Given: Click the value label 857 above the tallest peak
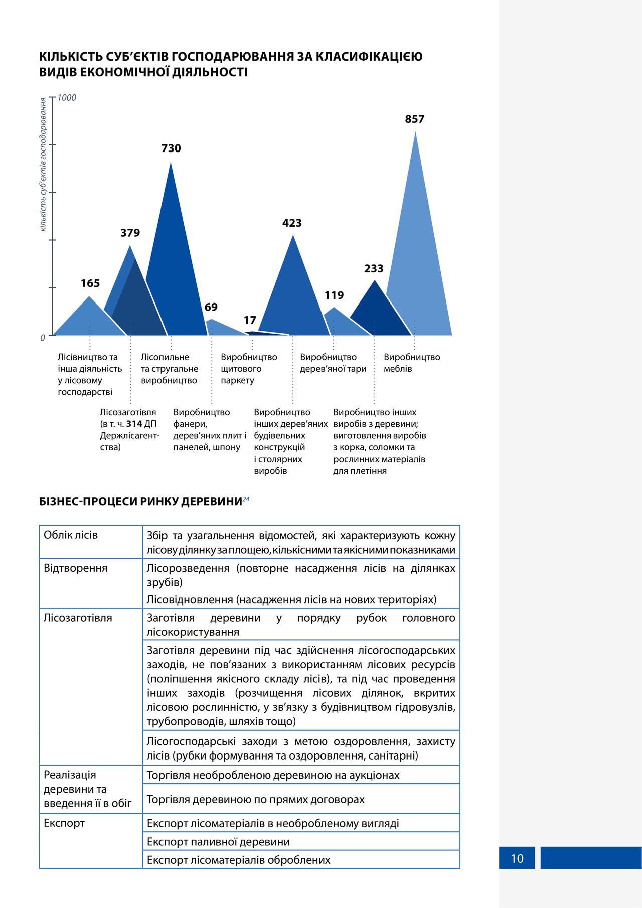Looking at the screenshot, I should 415,119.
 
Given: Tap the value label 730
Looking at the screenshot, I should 171,148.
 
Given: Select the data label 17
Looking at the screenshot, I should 250,320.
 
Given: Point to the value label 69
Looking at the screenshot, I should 211,307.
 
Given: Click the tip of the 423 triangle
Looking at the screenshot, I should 293,236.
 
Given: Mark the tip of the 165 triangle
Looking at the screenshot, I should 90,297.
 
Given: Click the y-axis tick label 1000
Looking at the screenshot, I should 67,98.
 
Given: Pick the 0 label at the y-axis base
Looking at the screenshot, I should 43,338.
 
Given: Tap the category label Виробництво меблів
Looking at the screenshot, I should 411,363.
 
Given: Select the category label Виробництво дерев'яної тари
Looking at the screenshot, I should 333,363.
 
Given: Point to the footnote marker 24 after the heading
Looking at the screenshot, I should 246,499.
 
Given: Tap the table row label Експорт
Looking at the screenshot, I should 64,823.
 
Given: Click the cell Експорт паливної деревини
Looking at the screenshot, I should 218,842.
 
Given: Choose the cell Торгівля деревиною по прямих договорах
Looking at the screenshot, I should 255,799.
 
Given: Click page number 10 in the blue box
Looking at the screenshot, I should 517,858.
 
